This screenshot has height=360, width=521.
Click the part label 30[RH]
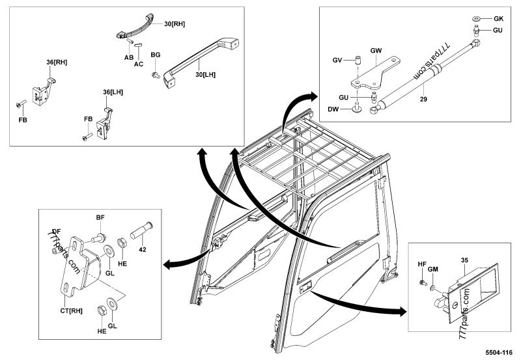click(175, 24)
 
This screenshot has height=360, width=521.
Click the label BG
click(156, 56)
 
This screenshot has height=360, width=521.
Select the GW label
click(376, 50)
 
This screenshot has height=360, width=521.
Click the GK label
click(499, 18)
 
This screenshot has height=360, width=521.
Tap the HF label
click(421, 264)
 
